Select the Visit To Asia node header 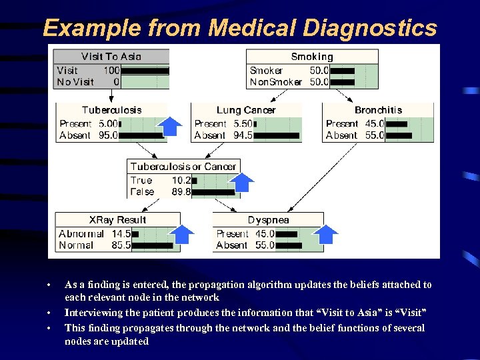pyautogui.click(x=111, y=57)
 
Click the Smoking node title pyautogui.click(x=312, y=57)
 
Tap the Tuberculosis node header pyautogui.click(x=111, y=110)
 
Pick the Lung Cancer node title pyautogui.click(x=246, y=110)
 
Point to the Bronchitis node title pyautogui.click(x=378, y=110)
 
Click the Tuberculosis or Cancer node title pyautogui.click(x=183, y=167)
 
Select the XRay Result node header pyautogui.click(x=117, y=220)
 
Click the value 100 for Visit pyautogui.click(x=111, y=70)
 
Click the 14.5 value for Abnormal pyautogui.click(x=121, y=234)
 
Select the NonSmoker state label pyautogui.click(x=275, y=82)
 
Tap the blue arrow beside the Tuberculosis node pyautogui.click(x=172, y=125)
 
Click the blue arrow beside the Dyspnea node pyautogui.click(x=327, y=234)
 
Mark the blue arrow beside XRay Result pyautogui.click(x=182, y=234)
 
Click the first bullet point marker pyautogui.click(x=49, y=285)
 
